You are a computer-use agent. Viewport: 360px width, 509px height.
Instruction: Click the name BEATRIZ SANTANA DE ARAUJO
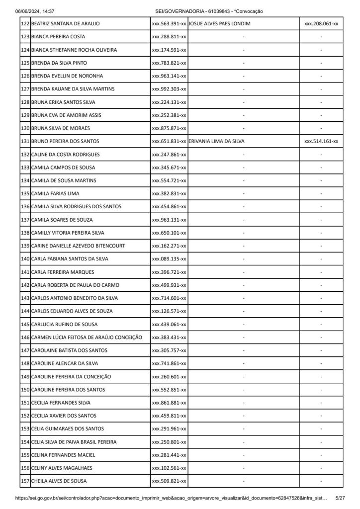(65, 24)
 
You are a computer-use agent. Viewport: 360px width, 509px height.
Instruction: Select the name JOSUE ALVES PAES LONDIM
(220, 24)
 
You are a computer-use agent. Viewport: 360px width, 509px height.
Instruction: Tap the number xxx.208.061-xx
(321, 24)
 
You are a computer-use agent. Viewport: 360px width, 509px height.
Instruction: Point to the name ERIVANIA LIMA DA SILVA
(217, 141)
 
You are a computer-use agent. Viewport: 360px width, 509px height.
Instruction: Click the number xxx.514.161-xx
(321, 141)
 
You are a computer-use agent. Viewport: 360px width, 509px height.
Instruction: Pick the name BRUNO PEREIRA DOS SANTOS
(65, 141)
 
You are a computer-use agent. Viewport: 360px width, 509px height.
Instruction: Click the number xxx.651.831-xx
(169, 141)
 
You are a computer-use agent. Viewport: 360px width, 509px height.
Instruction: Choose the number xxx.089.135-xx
(169, 259)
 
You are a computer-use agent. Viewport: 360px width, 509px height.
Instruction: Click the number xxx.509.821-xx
(169, 481)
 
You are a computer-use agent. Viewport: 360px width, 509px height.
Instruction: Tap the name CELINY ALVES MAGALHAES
(62, 468)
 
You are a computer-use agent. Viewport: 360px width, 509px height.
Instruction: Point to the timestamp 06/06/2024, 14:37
(35, 11)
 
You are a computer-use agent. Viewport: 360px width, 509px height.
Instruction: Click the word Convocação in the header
(250, 11)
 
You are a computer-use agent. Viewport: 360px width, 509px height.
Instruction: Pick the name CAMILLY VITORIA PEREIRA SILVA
(68, 233)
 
